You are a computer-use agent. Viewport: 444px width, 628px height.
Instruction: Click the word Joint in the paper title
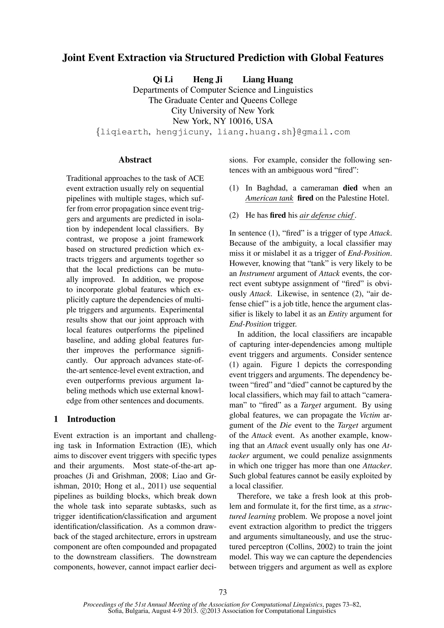tap(73, 58)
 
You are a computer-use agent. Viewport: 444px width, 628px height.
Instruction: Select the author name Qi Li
tap(163, 80)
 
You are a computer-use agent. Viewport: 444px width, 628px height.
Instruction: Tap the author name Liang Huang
tap(268, 80)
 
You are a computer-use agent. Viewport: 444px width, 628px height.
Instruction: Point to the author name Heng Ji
tap(208, 80)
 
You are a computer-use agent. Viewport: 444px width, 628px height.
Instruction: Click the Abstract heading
tap(135, 160)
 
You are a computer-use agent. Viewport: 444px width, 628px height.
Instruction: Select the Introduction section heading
tap(91, 419)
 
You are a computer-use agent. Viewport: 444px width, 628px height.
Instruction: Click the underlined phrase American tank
tap(269, 198)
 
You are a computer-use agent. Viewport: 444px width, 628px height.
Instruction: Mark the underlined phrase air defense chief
tap(327, 215)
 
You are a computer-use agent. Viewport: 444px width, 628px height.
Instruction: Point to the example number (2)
tap(234, 215)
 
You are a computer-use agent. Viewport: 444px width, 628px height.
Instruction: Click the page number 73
tap(223, 592)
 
